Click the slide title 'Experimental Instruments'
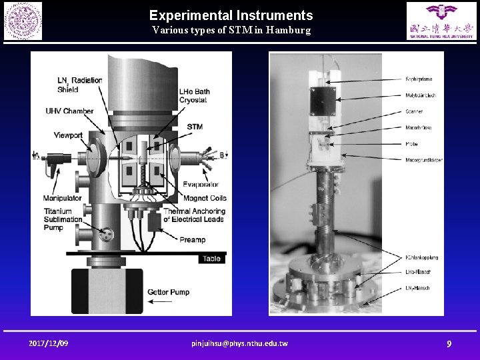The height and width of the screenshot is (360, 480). [x=231, y=15]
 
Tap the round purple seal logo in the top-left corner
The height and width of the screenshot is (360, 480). [x=23, y=21]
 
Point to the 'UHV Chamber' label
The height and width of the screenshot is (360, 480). [x=69, y=111]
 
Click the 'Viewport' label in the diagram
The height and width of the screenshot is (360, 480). [x=68, y=135]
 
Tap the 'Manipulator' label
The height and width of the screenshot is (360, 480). [x=62, y=198]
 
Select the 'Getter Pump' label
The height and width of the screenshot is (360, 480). [x=169, y=292]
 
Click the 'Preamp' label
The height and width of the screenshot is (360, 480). [x=192, y=239]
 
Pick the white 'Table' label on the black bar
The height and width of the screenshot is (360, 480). [x=211, y=258]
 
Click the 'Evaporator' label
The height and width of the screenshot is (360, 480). [x=201, y=185]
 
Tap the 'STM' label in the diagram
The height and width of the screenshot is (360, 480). [x=195, y=127]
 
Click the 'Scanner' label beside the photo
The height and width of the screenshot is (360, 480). [x=414, y=111]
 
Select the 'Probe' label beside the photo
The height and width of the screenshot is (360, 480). [x=411, y=143]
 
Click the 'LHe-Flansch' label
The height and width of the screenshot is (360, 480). [x=418, y=273]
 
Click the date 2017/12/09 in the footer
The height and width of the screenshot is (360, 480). [x=48, y=343]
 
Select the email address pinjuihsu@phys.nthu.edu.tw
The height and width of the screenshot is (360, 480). [x=239, y=343]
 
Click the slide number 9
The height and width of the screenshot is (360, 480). [x=449, y=343]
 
